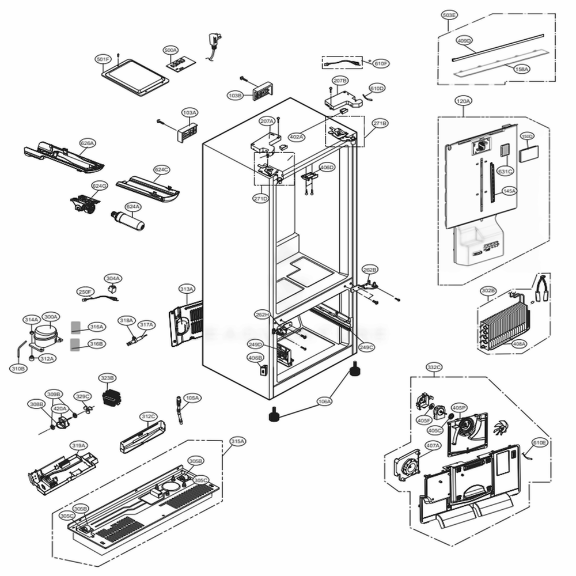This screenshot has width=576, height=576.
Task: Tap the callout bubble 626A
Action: [x=88, y=143]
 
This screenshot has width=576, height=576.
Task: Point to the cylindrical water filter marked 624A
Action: [x=128, y=220]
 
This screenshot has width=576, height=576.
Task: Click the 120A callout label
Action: [x=463, y=101]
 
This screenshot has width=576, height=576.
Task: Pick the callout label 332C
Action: [x=434, y=367]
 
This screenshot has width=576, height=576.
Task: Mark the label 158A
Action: [x=522, y=69]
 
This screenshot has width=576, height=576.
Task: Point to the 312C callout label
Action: [x=149, y=416]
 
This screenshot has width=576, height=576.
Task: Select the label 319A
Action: [x=79, y=445]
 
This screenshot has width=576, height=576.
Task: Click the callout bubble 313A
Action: [x=187, y=289]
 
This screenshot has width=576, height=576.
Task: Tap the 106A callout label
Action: [x=325, y=401]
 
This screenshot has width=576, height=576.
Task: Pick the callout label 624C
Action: [x=162, y=170]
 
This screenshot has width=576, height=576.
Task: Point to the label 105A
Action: [x=192, y=397]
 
